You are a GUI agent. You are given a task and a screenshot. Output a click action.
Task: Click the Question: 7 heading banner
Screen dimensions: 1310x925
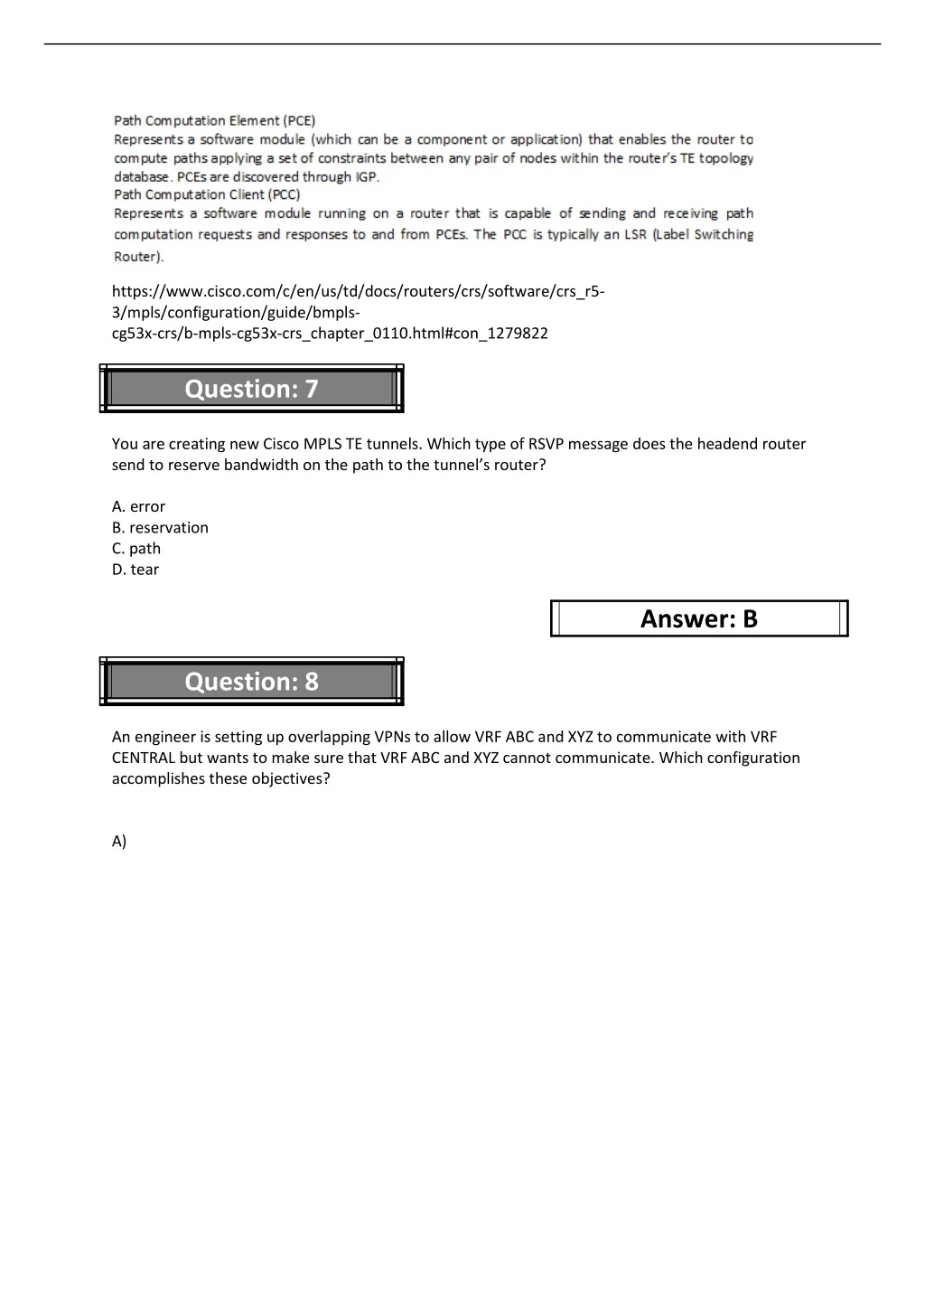(251, 389)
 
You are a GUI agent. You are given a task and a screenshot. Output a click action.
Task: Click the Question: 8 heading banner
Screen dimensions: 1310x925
(251, 682)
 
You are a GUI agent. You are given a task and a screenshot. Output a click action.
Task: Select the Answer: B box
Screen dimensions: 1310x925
(698, 619)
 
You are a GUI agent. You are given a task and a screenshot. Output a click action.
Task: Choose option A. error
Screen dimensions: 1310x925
(138, 507)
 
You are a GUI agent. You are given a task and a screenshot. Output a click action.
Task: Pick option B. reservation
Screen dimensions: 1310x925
(160, 528)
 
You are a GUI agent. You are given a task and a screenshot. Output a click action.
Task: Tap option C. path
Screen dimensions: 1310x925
(136, 549)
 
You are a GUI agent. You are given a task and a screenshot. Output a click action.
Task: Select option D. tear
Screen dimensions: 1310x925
(135, 570)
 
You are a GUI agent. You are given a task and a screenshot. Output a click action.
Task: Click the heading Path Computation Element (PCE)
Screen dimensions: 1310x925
(214, 120)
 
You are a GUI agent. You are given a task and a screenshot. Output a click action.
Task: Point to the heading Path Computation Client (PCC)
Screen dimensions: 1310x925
(207, 194)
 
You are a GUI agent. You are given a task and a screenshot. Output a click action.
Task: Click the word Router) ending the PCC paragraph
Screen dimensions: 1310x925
(139, 257)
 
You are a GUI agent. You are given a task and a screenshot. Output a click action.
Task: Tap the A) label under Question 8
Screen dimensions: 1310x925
(119, 842)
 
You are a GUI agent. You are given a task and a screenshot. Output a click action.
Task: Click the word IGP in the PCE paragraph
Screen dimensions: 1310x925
(366, 177)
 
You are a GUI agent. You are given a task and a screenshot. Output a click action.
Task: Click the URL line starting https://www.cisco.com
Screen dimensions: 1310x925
(358, 291)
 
